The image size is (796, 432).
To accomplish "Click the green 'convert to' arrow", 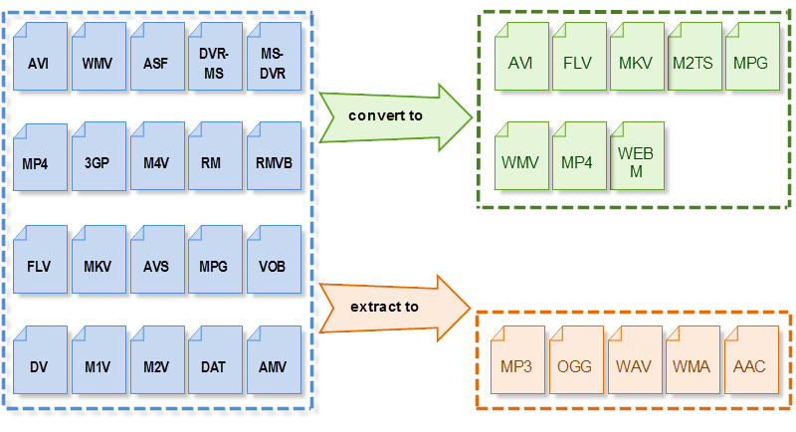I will (x=393, y=115).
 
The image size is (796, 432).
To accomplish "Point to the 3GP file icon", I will (x=98, y=159).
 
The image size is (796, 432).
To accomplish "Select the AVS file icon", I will (x=155, y=263).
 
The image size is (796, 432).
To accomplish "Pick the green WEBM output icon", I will (x=635, y=159).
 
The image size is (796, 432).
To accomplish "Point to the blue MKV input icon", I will (x=98, y=263).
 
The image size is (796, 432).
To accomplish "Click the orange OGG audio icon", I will (x=575, y=364).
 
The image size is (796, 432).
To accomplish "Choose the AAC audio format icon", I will (x=748, y=364).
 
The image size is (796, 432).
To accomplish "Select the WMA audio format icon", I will (x=691, y=364).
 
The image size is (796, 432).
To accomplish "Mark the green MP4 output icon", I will (x=577, y=159).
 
